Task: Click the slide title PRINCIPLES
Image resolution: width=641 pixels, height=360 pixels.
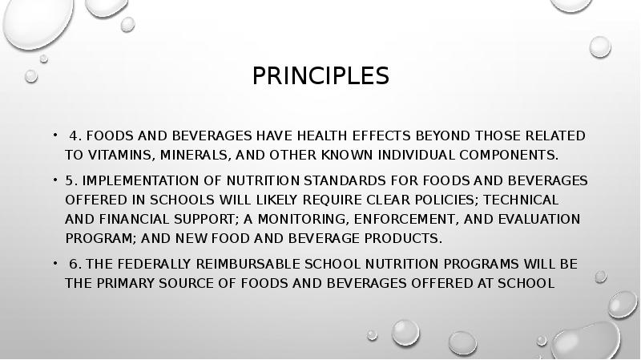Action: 320,76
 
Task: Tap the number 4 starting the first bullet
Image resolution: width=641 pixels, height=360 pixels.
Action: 73,136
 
